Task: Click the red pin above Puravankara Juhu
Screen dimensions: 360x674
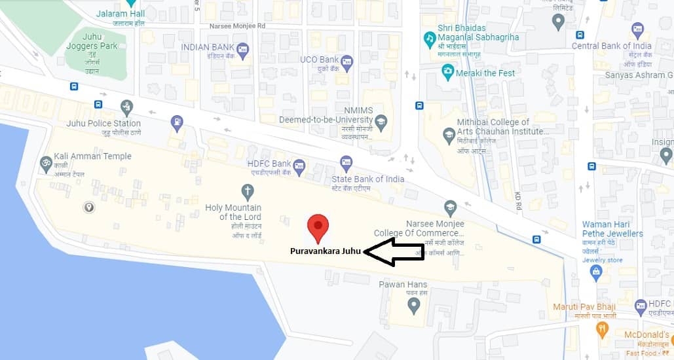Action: pyautogui.click(x=318, y=228)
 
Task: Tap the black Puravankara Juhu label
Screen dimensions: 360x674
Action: pyautogui.click(x=326, y=251)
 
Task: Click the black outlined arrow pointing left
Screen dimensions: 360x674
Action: pyautogui.click(x=394, y=252)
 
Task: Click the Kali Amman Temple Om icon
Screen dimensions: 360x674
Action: pyautogui.click(x=46, y=162)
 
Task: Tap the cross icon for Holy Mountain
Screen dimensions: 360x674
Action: pyautogui.click(x=247, y=192)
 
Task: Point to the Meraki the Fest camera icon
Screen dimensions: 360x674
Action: pyautogui.click(x=448, y=72)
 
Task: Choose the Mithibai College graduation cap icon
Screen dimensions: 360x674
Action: pyautogui.click(x=449, y=135)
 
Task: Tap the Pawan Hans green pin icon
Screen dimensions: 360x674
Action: pyautogui.click(x=413, y=305)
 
